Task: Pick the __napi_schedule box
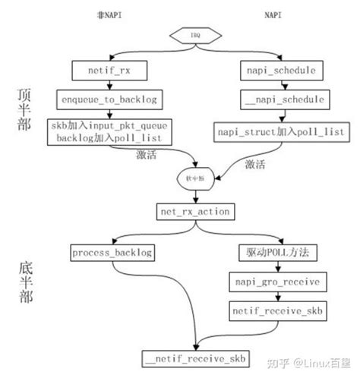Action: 285,99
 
